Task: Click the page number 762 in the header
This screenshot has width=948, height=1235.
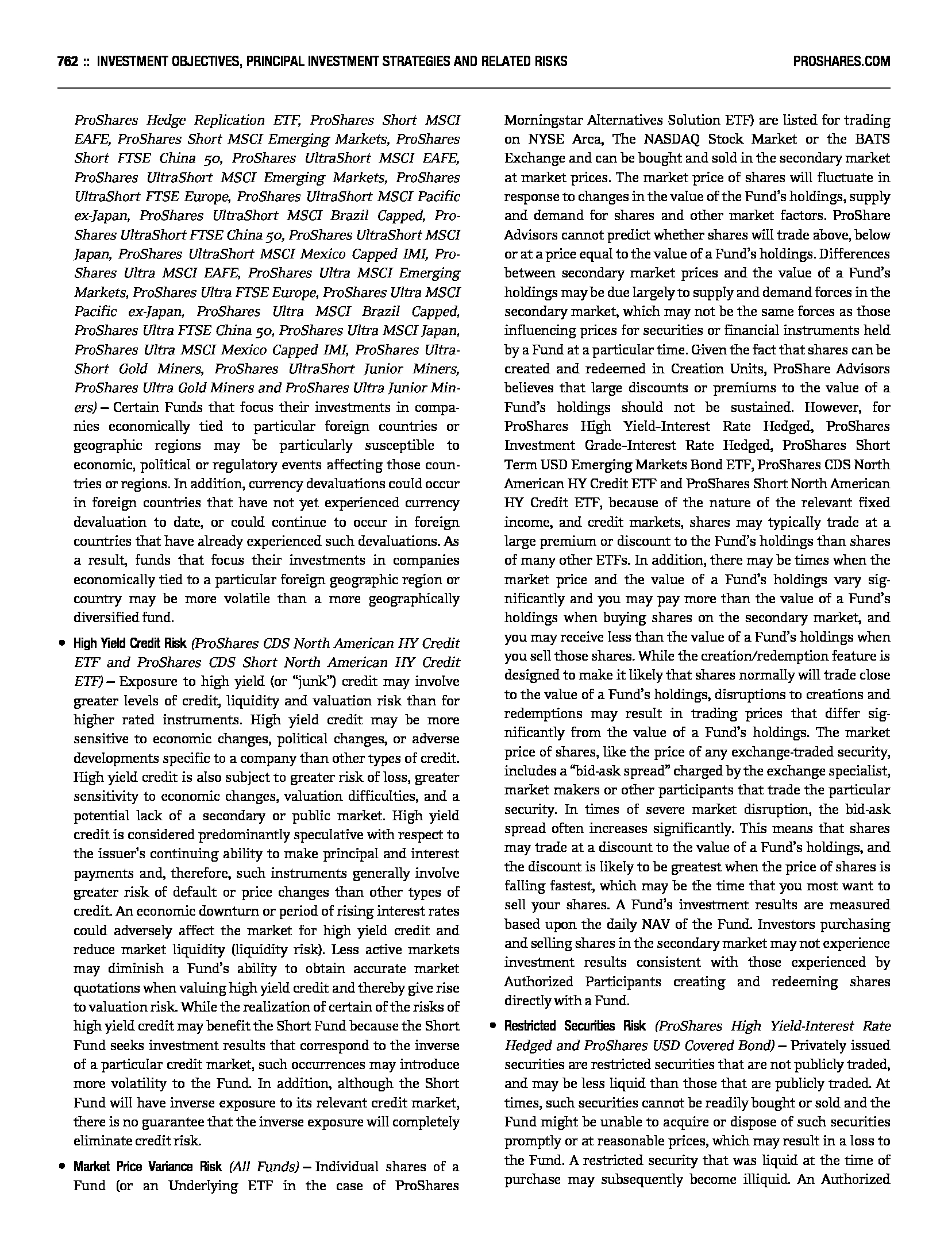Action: pos(68,61)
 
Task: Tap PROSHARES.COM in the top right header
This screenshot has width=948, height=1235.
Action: pos(841,61)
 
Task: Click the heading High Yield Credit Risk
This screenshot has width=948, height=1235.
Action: pos(130,643)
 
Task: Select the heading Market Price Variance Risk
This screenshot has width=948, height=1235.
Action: pos(148,1167)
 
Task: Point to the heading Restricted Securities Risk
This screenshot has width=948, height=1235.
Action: pos(575,1026)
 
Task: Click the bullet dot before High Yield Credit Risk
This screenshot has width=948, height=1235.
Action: pos(61,644)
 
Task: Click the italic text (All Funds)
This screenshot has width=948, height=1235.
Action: pos(264,1167)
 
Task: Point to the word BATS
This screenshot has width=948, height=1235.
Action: pos(874,140)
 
